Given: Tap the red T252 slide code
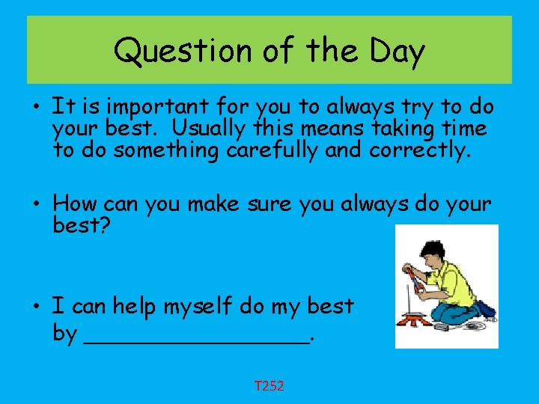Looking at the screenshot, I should (x=269, y=386).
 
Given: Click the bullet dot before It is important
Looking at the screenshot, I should (x=37, y=108).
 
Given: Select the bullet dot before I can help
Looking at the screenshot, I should (x=37, y=306).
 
